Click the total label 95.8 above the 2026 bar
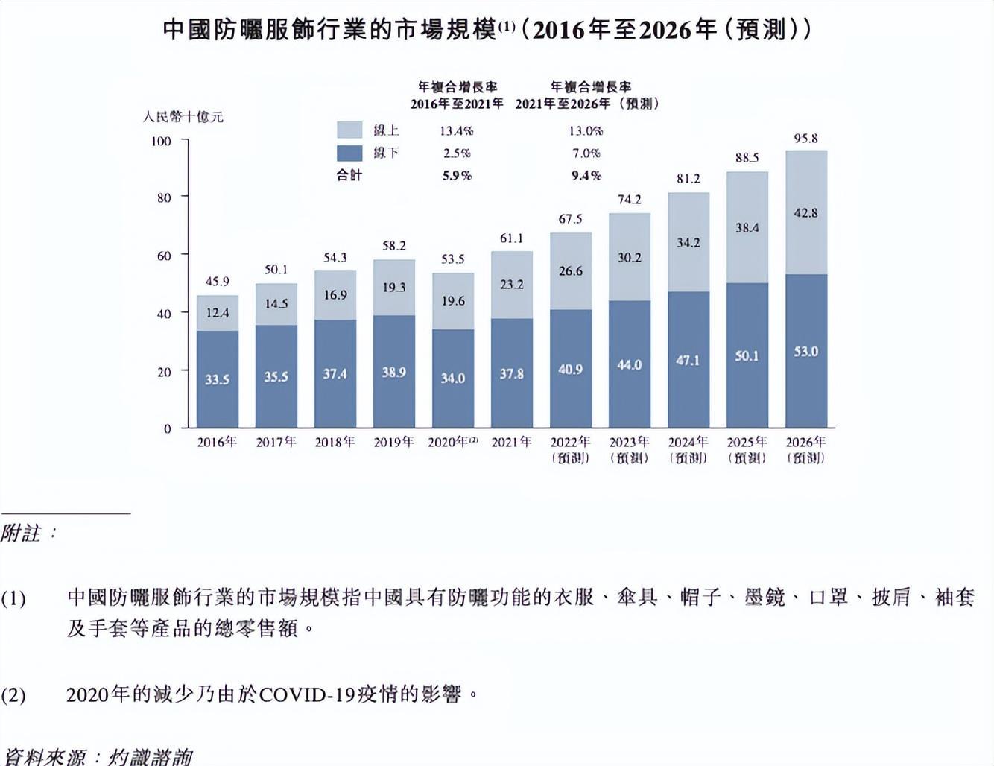805,139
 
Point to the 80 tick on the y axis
164,198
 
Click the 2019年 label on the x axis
393,443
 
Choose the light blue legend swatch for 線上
349,130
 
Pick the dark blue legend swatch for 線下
349,153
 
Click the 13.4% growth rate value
456,131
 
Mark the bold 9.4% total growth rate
586,176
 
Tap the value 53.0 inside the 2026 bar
805,352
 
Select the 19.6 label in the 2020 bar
453,301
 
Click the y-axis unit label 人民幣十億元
183,117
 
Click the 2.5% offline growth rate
456,153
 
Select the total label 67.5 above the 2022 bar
570,219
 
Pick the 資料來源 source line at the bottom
97,756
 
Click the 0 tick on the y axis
168,428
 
